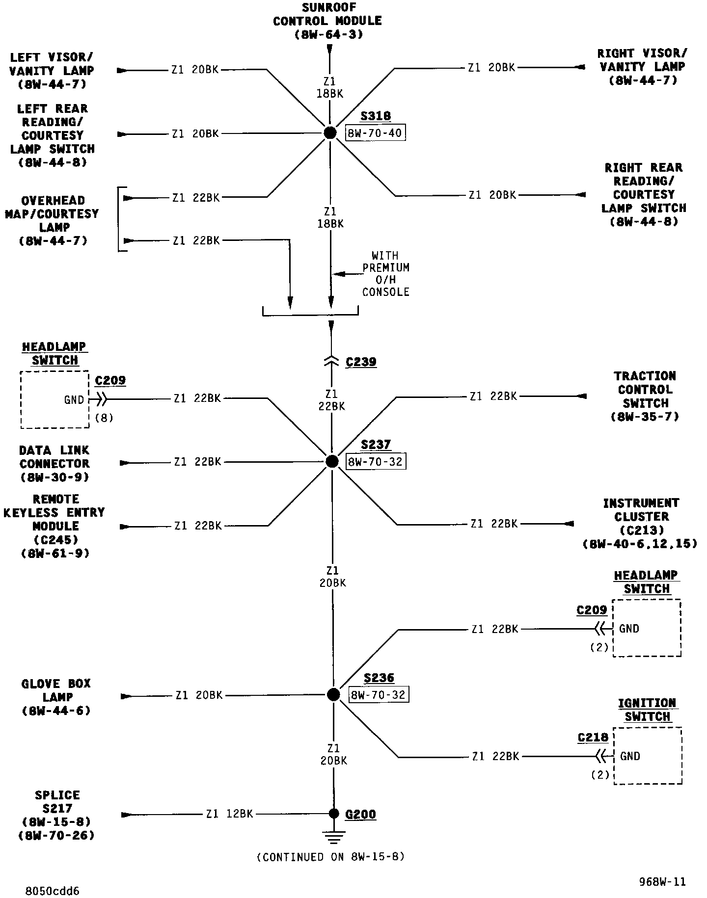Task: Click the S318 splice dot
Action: click(x=330, y=132)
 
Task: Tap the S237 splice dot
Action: click(x=332, y=461)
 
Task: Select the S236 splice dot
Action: click(x=333, y=694)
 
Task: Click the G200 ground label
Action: click(x=360, y=814)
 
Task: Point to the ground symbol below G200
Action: click(x=334, y=837)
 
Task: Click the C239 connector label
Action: click(x=361, y=362)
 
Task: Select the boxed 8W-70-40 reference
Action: click(x=376, y=133)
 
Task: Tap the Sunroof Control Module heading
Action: click(x=327, y=21)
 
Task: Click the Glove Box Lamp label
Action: click(x=56, y=697)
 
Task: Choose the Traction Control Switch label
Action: click(x=645, y=396)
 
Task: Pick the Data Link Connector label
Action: click(x=54, y=463)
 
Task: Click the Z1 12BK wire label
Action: click(x=229, y=814)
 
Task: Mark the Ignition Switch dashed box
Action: click(x=648, y=756)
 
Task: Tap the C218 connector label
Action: click(x=593, y=738)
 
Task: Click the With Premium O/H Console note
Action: click(x=386, y=274)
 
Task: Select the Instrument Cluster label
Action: click(x=641, y=523)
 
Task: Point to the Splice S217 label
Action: click(x=56, y=815)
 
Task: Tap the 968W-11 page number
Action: click(x=662, y=882)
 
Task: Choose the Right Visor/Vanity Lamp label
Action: click(x=642, y=67)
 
